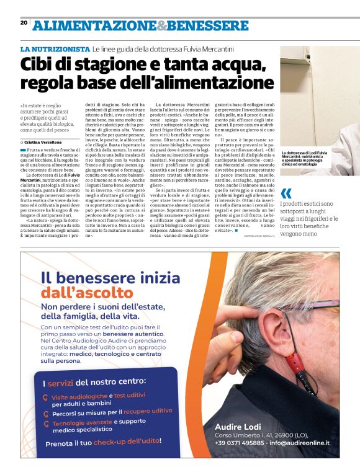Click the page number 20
click(x=24, y=22)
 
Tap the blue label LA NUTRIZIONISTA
click(x=55, y=48)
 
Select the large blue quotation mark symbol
click(x=286, y=193)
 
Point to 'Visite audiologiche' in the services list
click(x=79, y=396)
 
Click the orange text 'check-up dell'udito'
click(x=127, y=442)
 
